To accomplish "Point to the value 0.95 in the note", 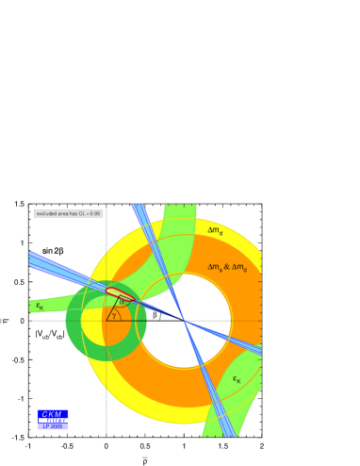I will click(x=95, y=214).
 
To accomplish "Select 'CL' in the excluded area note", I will click(x=81, y=214).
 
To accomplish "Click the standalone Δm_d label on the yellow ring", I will click(x=216, y=230).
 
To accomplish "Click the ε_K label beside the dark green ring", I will click(x=40, y=306).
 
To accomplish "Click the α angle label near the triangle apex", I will click(x=120, y=302).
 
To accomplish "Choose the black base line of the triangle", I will click(x=141, y=322).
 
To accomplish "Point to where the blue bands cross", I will click(x=185, y=322).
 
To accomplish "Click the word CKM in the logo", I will click(x=52, y=414).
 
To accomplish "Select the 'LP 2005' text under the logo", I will click(x=52, y=427).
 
